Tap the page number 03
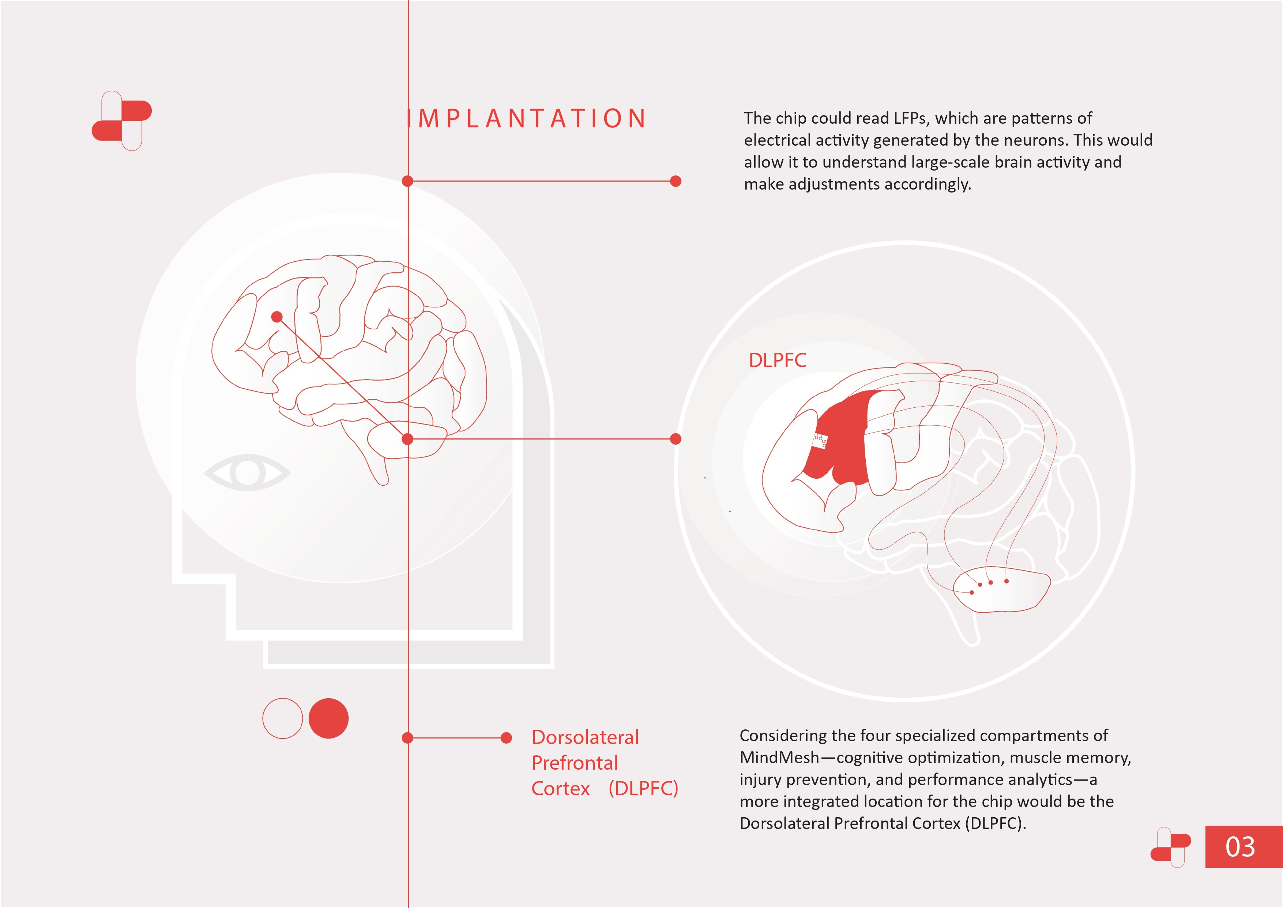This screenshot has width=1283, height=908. [x=1240, y=847]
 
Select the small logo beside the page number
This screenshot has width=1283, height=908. [x=1170, y=847]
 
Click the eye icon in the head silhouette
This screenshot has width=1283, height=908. [x=247, y=472]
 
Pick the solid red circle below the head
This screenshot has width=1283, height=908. [x=328, y=718]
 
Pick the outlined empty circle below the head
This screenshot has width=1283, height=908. [x=283, y=718]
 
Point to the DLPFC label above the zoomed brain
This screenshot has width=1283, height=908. [x=777, y=360]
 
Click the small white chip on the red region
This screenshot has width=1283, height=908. [x=820, y=441]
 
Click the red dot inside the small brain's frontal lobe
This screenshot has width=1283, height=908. [x=276, y=317]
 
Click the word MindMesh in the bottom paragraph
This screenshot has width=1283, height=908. [x=779, y=758]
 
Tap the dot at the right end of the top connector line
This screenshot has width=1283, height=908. [x=676, y=181]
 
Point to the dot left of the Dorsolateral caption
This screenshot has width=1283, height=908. [x=506, y=738]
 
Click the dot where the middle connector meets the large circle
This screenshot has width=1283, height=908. [x=676, y=439]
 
